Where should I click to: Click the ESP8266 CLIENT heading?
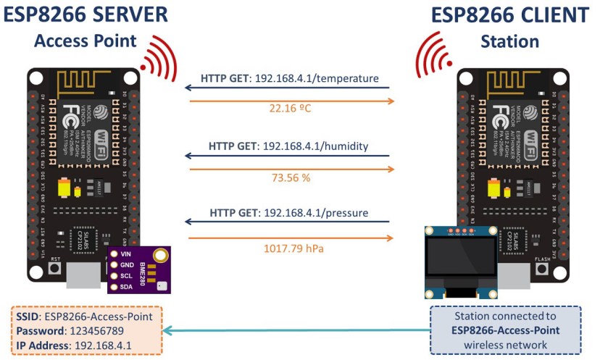509,14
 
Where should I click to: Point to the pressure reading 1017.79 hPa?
289,248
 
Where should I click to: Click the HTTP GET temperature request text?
289,78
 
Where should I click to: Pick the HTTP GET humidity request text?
289,146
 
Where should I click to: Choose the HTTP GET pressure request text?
289,213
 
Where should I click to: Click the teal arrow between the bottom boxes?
297,330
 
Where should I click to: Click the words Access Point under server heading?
86,41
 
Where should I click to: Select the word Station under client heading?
509,41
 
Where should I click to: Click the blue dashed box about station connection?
505,330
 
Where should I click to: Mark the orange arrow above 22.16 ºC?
289,100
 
